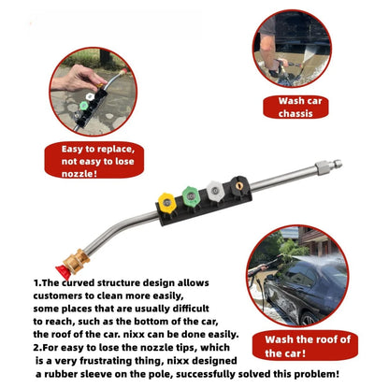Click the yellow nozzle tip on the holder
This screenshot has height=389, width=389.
(166, 202)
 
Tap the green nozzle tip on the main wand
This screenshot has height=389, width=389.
(191, 195)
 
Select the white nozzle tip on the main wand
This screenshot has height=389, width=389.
(215, 190)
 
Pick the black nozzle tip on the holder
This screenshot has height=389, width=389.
(238, 185)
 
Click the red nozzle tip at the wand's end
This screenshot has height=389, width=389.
(64, 270)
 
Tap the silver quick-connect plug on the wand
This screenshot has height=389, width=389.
(329, 165)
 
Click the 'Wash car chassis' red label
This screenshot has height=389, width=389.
(295, 108)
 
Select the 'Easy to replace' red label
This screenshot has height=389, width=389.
(94, 161)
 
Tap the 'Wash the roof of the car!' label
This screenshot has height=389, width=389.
(305, 346)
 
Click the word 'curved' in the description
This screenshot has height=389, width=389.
(78, 283)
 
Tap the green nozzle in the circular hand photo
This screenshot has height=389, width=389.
(83, 106)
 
